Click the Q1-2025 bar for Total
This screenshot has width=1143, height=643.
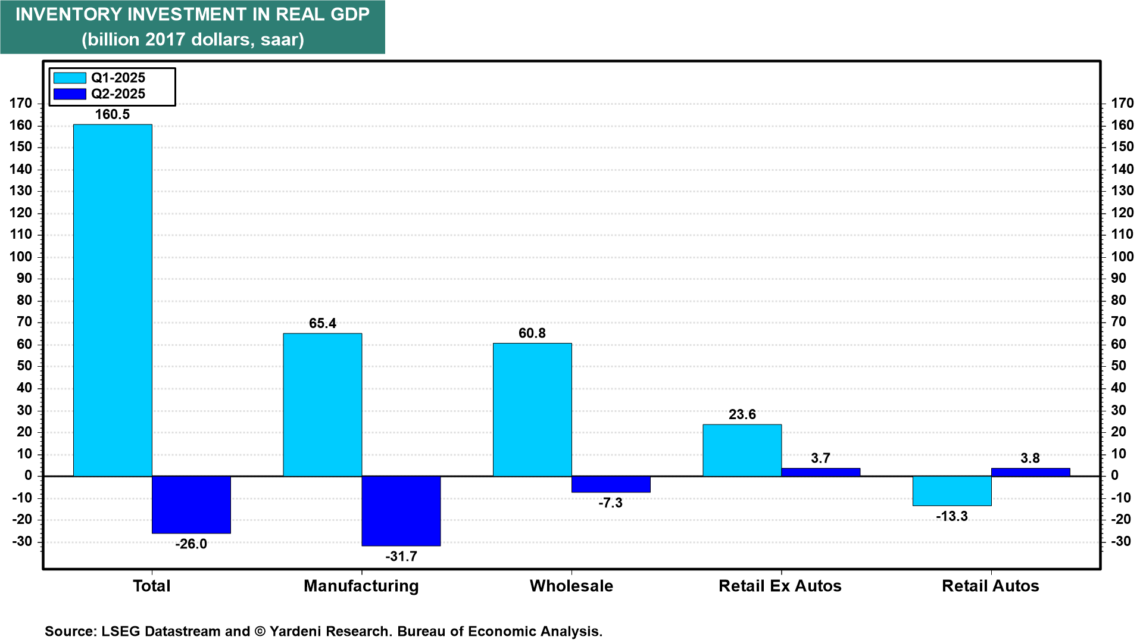point(113,300)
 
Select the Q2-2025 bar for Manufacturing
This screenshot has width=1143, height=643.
point(401,511)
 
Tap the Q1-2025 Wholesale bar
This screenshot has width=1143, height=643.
point(532,410)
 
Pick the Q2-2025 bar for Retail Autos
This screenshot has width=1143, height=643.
point(1030,472)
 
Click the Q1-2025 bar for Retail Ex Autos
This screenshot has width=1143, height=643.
point(742,450)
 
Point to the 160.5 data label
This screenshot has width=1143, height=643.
point(113,114)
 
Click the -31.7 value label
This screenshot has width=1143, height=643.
point(401,557)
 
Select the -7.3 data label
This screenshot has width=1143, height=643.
point(610,503)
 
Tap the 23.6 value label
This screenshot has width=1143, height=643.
point(742,414)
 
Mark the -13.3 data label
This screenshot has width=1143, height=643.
point(952,516)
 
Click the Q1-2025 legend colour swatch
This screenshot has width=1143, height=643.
point(70,78)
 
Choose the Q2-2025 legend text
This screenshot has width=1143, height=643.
point(118,94)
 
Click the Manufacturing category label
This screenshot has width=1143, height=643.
point(361,586)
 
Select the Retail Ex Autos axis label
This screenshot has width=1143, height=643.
point(780,586)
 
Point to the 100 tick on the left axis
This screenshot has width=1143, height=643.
point(21,257)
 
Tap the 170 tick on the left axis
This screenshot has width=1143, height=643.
point(21,103)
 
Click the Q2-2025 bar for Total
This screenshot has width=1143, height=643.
point(191,505)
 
